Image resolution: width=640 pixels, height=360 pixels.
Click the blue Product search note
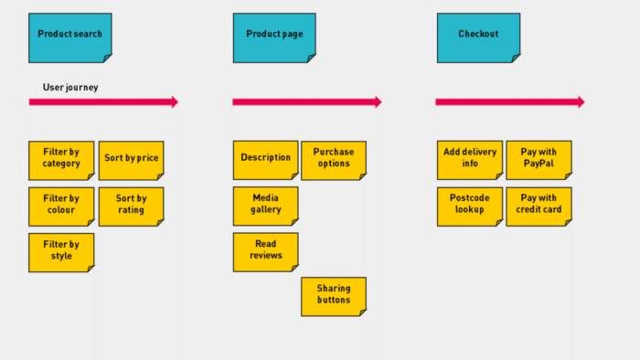click(x=70, y=37)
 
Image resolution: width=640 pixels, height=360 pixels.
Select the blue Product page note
click(x=274, y=37)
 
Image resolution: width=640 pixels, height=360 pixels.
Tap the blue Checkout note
click(x=478, y=37)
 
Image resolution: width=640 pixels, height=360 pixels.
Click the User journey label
click(x=70, y=88)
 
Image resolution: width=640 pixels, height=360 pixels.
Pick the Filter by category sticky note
click(x=61, y=160)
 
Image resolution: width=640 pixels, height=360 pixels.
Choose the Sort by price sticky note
click(x=131, y=160)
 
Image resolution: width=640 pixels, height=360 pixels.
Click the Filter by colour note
click(x=61, y=206)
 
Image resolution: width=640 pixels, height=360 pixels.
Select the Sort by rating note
click(x=131, y=206)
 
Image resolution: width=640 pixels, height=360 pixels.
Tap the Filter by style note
click(x=61, y=252)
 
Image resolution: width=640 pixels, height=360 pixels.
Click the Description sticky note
click(x=265, y=160)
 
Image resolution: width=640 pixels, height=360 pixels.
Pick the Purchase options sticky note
click(x=334, y=160)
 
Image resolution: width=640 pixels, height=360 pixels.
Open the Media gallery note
click(x=265, y=206)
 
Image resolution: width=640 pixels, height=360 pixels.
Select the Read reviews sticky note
click(x=265, y=252)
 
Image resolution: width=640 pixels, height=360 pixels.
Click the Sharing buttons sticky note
click(x=334, y=296)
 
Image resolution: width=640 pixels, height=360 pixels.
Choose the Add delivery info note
click(x=470, y=160)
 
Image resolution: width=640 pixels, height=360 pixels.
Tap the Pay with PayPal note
click(x=539, y=160)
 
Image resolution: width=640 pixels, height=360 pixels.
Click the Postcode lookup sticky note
click(x=470, y=206)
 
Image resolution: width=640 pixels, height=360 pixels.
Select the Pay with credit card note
click(x=539, y=206)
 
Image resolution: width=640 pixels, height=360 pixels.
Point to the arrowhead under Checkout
click(x=580, y=102)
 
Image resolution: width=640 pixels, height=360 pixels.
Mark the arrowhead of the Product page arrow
click(x=377, y=102)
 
